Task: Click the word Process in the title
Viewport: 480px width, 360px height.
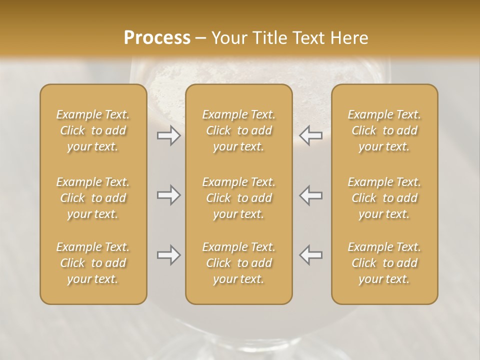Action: (x=157, y=37)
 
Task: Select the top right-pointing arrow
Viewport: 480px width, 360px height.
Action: (x=168, y=135)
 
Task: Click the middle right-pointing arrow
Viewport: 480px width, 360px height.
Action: (x=168, y=195)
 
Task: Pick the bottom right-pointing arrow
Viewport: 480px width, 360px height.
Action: (x=168, y=255)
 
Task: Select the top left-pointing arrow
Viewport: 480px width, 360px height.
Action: (x=310, y=135)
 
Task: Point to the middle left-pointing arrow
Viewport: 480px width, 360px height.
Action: (x=310, y=195)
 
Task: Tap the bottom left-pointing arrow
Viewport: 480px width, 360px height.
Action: (x=310, y=255)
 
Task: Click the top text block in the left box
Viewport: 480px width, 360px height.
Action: (x=93, y=130)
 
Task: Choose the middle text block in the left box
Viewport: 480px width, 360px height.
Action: (x=93, y=198)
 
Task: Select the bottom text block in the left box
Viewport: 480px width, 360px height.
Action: (x=93, y=263)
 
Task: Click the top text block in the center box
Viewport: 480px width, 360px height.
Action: (x=239, y=130)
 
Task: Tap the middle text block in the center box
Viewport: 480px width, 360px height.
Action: (x=239, y=198)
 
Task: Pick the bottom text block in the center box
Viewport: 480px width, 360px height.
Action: (x=239, y=263)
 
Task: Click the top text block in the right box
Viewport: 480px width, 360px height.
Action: (x=384, y=130)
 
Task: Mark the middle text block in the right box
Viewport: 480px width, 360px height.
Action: (x=384, y=198)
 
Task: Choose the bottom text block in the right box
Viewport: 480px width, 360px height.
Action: (x=384, y=263)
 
